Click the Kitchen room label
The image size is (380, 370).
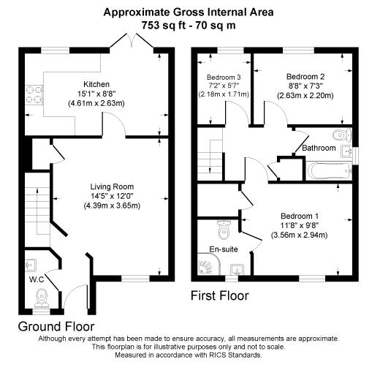(x=96, y=84)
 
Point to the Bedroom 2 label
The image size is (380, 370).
(x=305, y=76)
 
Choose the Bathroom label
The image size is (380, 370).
(x=319, y=148)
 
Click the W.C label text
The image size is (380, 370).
(x=37, y=279)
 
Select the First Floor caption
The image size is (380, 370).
(x=219, y=296)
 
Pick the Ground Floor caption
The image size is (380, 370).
(x=56, y=325)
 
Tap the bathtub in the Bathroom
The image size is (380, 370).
(x=330, y=171)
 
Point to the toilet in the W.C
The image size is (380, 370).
(x=42, y=296)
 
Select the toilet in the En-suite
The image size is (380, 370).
(x=225, y=230)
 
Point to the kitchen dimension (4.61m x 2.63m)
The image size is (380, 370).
(x=96, y=104)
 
